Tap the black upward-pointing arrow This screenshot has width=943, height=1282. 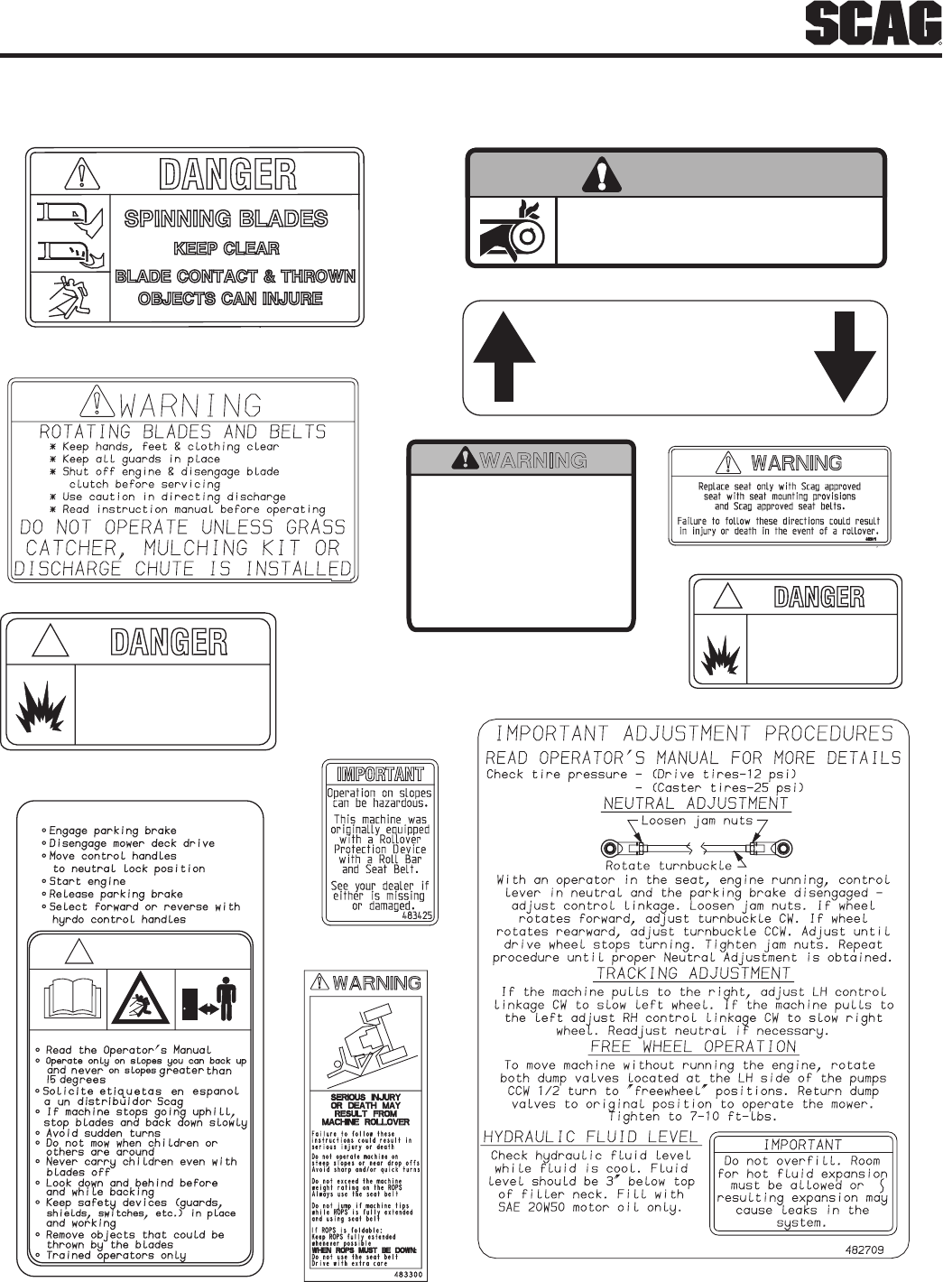505,357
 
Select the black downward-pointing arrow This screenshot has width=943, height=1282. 845,357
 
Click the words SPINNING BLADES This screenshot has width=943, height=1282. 226,218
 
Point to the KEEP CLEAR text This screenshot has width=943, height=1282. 226,248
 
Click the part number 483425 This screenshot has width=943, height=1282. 414,915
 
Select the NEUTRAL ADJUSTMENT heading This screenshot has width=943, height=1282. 695,804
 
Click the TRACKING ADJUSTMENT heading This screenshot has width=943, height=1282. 693,973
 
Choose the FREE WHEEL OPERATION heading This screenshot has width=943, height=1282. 693,1046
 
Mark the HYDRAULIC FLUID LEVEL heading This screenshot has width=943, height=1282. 590,1137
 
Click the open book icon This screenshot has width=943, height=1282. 68,999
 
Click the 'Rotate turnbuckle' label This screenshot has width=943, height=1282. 669,866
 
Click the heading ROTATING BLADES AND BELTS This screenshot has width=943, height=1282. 182,432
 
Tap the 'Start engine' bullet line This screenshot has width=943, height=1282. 87,881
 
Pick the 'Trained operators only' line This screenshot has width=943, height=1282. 116,1255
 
